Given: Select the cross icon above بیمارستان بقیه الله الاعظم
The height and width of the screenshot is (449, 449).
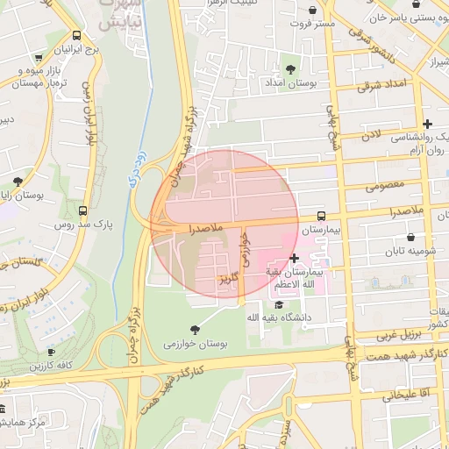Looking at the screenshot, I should point(294,258).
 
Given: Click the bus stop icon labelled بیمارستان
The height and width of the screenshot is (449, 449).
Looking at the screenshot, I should point(321,215).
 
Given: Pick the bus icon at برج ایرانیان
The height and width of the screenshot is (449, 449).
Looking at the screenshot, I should point(77,37).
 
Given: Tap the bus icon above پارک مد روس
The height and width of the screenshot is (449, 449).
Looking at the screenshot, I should point(82,210).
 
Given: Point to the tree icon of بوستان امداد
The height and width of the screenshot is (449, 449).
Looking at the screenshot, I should point(290,68).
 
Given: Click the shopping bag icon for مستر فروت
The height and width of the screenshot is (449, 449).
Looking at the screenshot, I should point(313,11).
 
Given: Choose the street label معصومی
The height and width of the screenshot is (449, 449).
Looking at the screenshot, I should point(387,185).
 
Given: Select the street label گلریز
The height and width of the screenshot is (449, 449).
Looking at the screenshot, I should point(228,279).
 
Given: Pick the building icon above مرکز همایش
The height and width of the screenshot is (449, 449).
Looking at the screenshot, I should point(4,410).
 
